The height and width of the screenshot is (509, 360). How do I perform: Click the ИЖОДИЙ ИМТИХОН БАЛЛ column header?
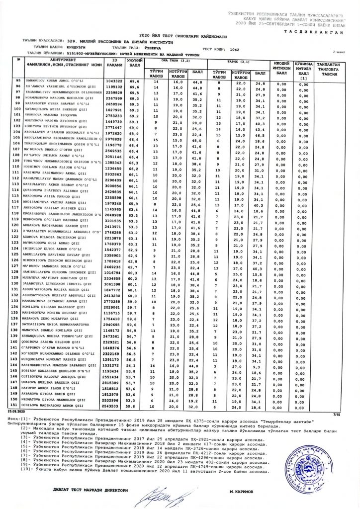tap(282, 67)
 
